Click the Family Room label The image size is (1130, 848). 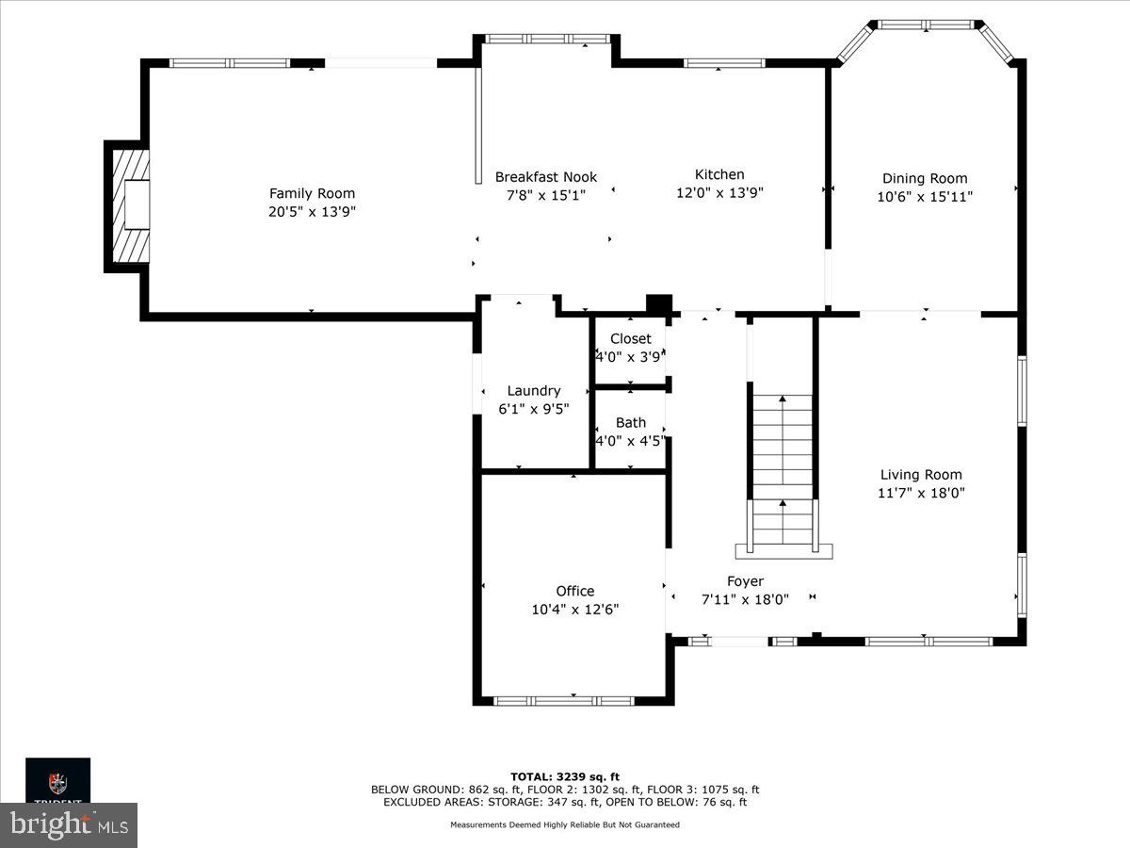(x=312, y=193)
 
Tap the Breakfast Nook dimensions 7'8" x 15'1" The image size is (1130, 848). (x=545, y=194)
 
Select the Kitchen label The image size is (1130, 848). (x=719, y=174)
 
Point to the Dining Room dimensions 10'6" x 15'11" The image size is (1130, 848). (x=925, y=196)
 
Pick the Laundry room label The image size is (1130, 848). (x=534, y=390)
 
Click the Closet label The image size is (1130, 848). (x=630, y=339)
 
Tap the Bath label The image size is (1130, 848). (x=630, y=422)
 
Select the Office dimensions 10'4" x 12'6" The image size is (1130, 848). (x=574, y=609)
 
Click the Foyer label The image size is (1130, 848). (x=745, y=581)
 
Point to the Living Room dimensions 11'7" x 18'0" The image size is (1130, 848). (x=921, y=492)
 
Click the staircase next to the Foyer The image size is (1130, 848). (x=783, y=471)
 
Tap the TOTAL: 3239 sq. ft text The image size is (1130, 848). (x=565, y=776)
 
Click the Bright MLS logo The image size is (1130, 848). (x=68, y=825)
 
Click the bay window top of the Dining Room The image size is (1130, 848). (x=927, y=24)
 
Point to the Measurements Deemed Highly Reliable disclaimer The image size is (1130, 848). (x=565, y=824)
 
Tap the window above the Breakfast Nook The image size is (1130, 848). (x=547, y=39)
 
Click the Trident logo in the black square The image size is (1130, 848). (x=57, y=781)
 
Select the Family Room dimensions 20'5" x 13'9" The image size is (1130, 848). (x=312, y=212)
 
